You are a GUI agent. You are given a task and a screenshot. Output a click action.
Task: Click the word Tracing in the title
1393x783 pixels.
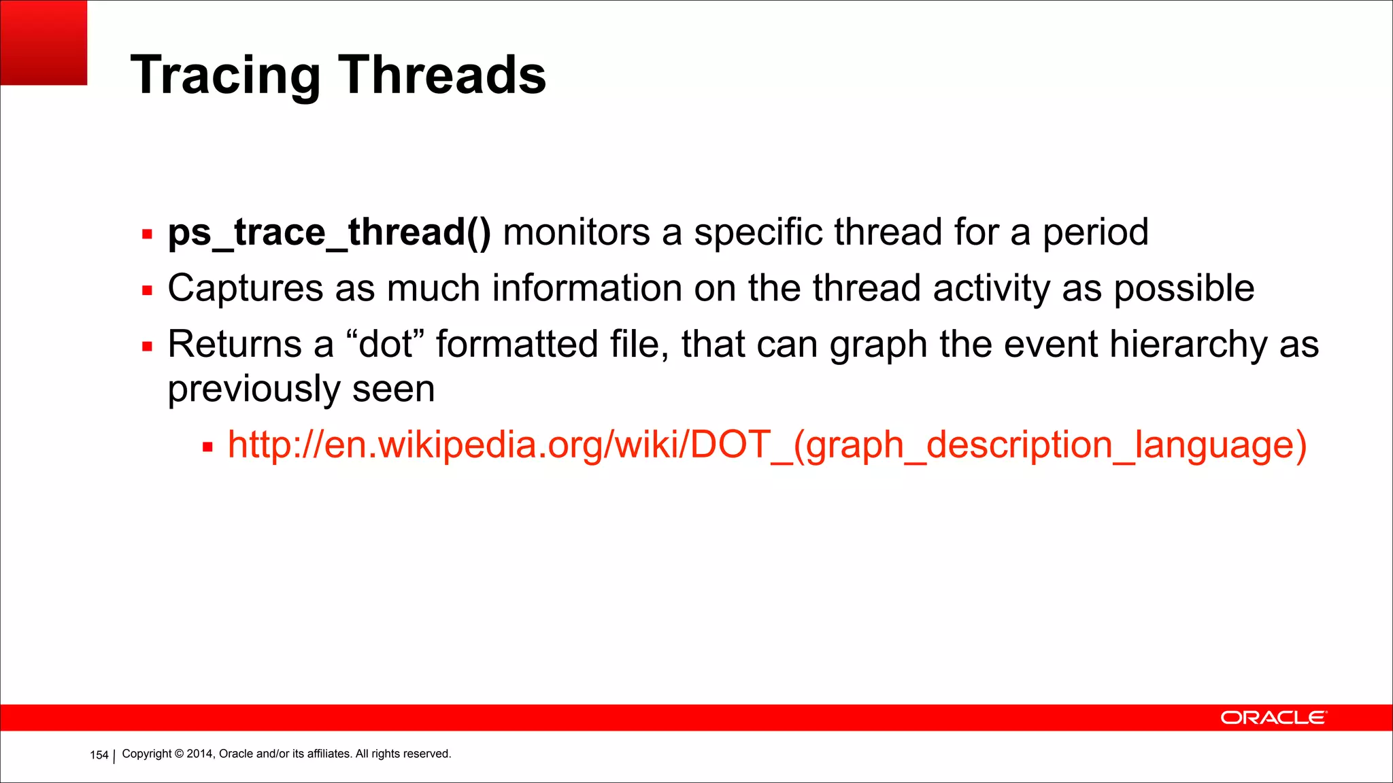coord(224,75)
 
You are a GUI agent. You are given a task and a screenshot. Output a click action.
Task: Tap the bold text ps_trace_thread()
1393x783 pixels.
coord(329,232)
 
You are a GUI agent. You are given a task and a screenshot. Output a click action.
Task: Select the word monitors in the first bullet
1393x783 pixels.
coord(576,232)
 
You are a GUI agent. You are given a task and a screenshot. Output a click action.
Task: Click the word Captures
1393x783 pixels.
coord(245,288)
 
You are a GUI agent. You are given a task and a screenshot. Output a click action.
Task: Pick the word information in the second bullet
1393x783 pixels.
coord(586,288)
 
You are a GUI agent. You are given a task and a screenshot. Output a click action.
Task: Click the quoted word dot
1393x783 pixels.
coord(386,344)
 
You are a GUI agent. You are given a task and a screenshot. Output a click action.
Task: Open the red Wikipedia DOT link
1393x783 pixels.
coord(767,445)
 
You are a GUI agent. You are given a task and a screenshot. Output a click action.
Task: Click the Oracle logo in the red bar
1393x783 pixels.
coord(1273,718)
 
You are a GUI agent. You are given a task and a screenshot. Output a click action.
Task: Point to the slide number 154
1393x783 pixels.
coord(99,755)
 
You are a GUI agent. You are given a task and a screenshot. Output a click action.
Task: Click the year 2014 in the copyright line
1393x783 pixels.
coord(200,754)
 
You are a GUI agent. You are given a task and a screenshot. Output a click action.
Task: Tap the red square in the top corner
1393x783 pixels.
coord(44,42)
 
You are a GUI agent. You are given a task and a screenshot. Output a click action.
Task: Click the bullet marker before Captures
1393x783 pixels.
coord(147,291)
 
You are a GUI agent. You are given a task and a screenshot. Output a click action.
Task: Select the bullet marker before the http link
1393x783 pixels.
coord(207,447)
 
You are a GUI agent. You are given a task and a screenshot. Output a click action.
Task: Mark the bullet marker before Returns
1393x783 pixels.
coord(147,347)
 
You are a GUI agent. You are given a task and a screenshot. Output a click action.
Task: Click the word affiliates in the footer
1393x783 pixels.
coord(329,754)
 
